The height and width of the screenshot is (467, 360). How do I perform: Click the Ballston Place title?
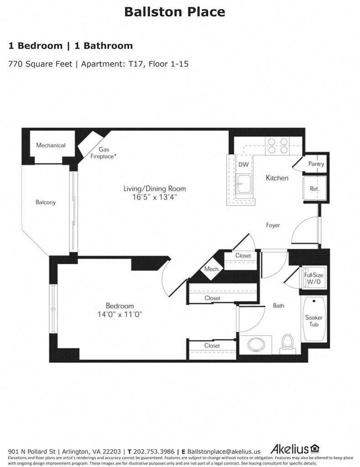[175, 12]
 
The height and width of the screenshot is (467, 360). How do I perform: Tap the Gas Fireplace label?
[104, 153]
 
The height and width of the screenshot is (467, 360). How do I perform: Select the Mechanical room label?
[51, 145]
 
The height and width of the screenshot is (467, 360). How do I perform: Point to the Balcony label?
[46, 202]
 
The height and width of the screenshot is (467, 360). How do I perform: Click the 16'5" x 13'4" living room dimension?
[155, 197]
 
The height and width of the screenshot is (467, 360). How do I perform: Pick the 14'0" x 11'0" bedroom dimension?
[120, 314]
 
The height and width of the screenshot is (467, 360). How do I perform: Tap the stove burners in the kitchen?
[277, 145]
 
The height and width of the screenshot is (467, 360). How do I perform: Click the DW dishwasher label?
[244, 165]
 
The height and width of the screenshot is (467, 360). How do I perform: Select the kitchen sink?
[244, 184]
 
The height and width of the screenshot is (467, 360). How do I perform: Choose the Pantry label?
[316, 164]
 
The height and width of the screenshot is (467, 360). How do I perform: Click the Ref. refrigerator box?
[314, 188]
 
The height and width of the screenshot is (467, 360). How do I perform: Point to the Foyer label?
[273, 225]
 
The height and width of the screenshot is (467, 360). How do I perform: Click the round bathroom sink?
[256, 345]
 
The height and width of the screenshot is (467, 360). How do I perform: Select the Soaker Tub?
[314, 319]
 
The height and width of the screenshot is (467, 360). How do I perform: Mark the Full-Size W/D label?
[313, 278]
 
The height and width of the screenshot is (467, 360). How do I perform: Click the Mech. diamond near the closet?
[212, 269]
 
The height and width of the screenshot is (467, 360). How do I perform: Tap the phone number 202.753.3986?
[154, 451]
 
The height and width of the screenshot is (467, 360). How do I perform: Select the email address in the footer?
[224, 452]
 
